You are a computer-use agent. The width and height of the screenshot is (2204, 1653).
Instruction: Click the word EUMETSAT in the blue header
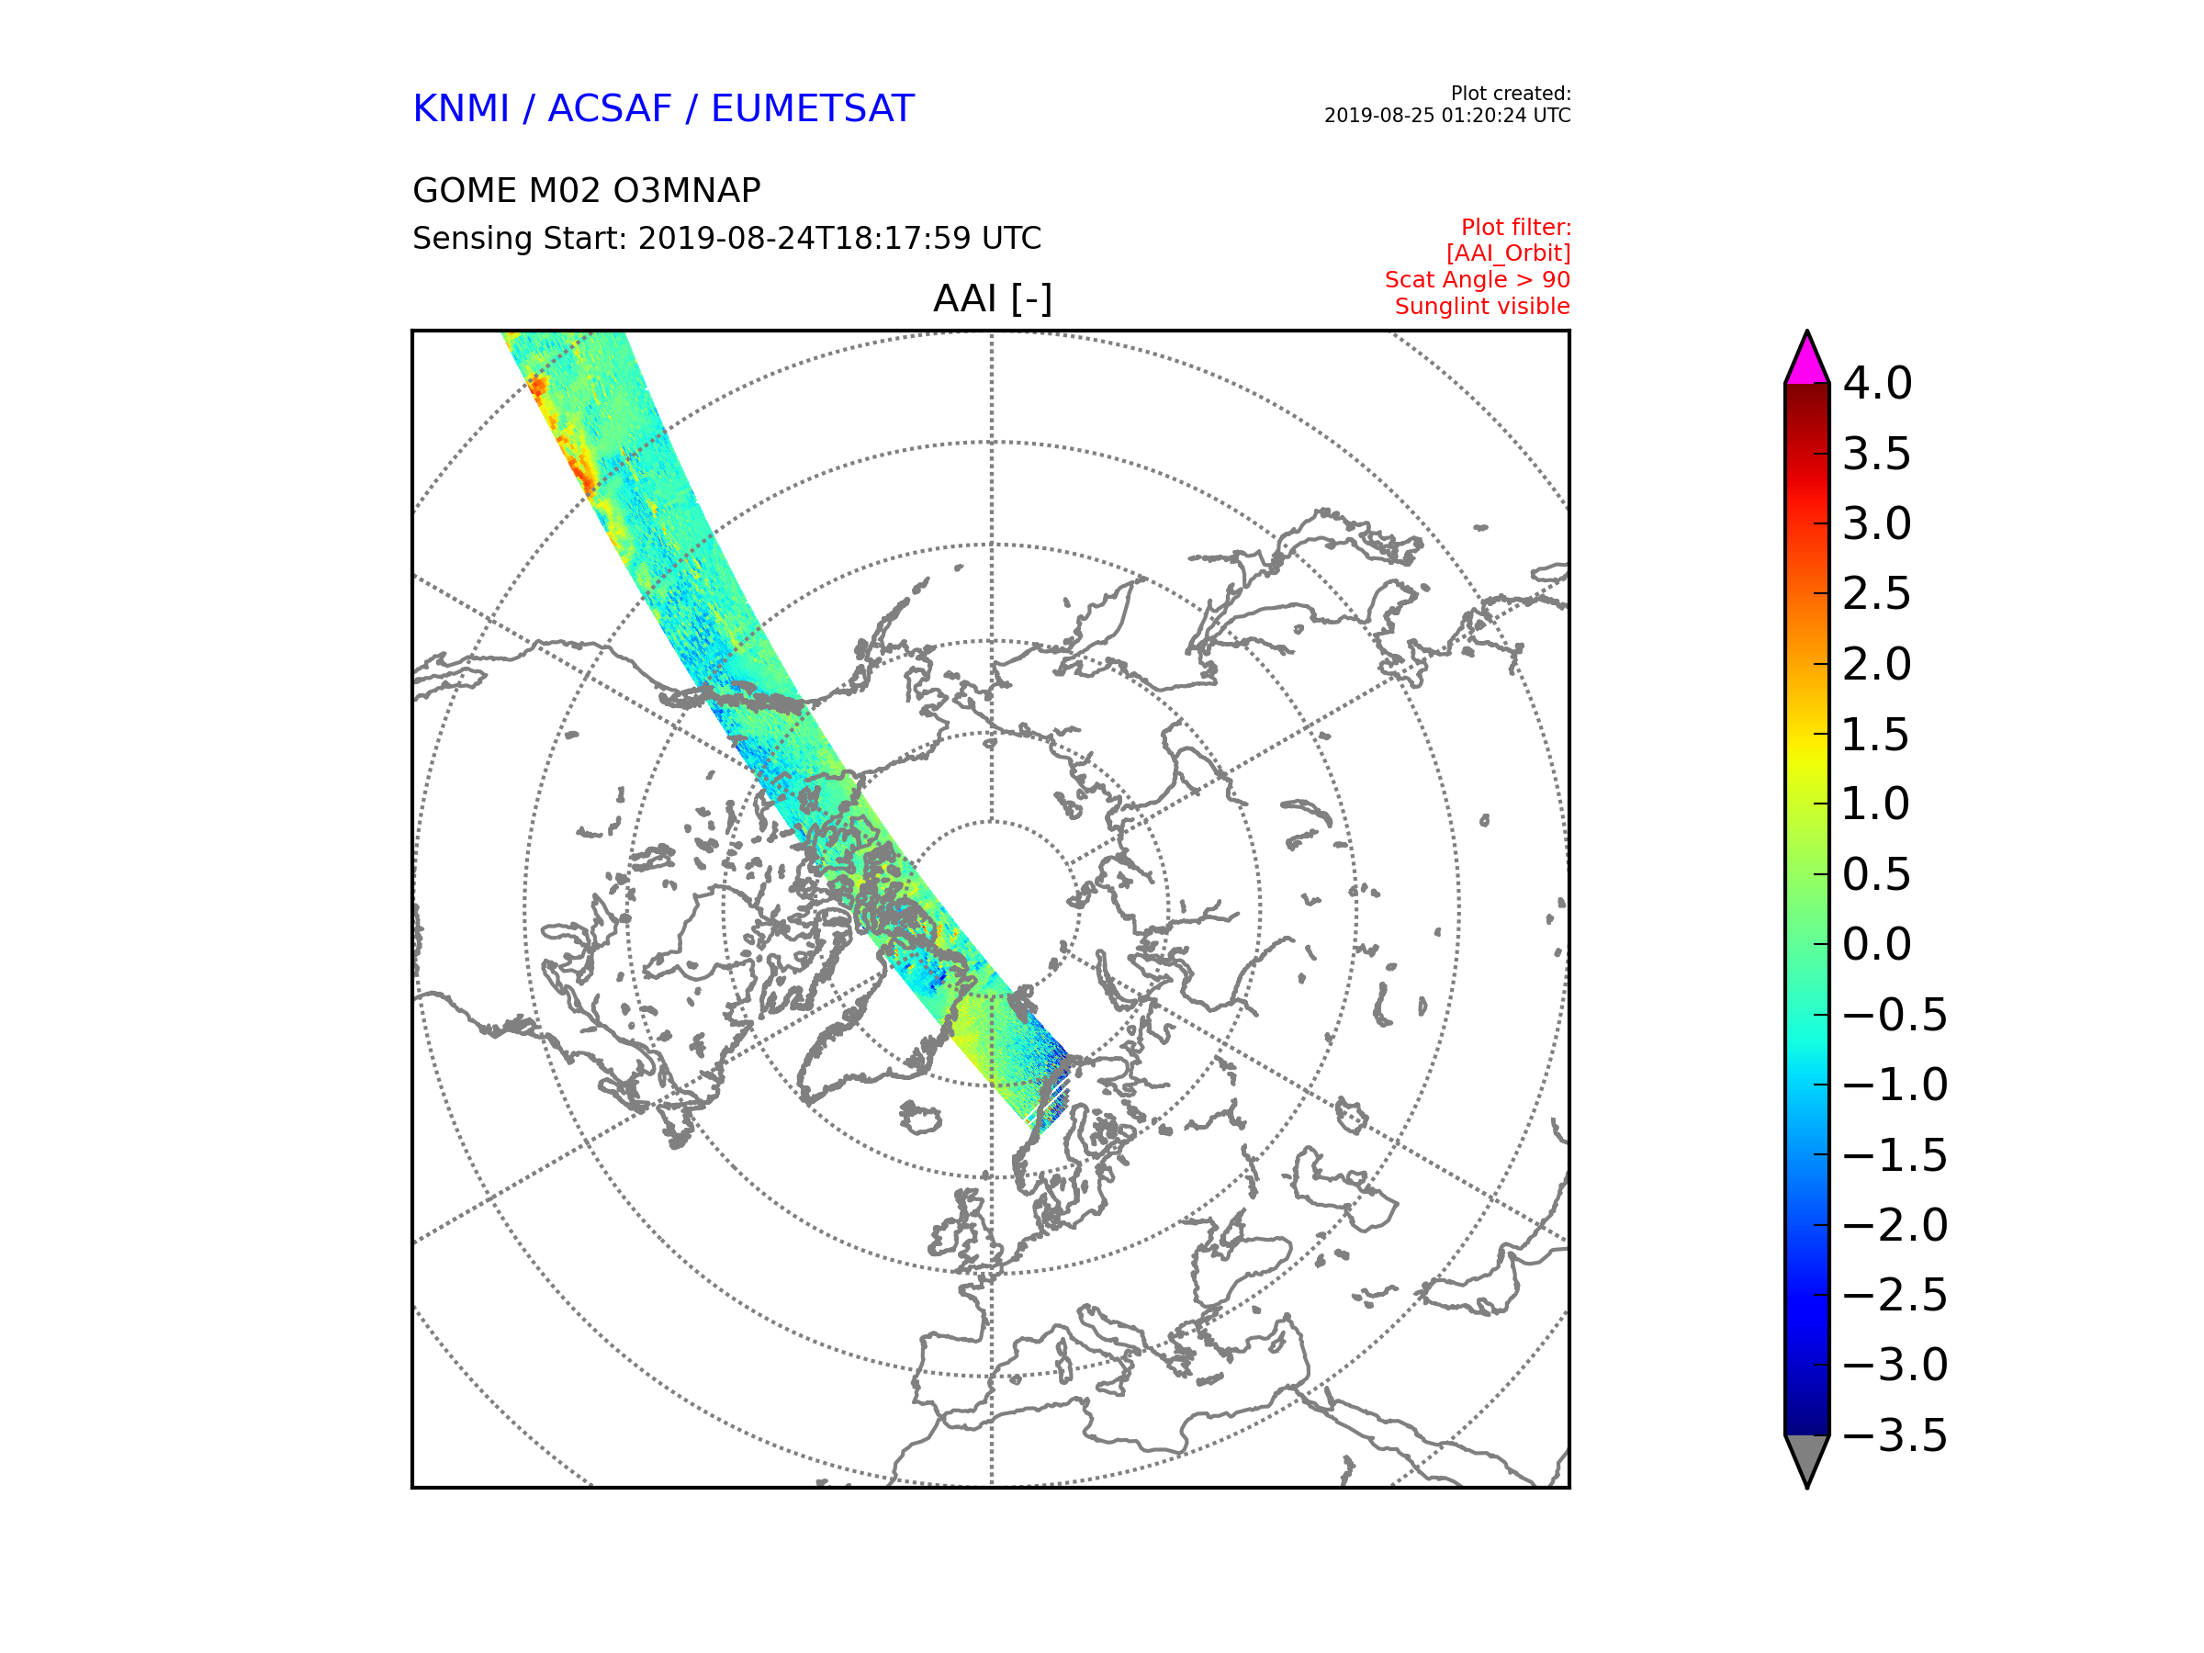(x=812, y=108)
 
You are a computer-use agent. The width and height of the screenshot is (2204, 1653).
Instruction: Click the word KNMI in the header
(x=460, y=108)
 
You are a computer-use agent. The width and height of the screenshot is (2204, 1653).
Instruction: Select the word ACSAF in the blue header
(x=610, y=108)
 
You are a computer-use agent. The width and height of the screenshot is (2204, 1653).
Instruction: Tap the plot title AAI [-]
(x=992, y=298)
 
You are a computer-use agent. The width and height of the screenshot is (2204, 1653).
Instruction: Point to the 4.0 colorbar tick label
(x=1877, y=384)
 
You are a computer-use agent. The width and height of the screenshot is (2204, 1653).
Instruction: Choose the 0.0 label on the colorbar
(x=1877, y=945)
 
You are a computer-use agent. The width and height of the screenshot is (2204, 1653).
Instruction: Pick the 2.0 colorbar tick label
(x=1877, y=665)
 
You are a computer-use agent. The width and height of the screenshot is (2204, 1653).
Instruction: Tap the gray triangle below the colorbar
(x=1807, y=1461)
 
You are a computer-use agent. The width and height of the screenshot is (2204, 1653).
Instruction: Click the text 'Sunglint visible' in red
(x=1481, y=307)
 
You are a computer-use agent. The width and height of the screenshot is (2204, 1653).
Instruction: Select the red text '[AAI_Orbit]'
(x=1508, y=254)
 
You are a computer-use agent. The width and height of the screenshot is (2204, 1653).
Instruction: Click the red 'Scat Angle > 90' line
(x=1477, y=280)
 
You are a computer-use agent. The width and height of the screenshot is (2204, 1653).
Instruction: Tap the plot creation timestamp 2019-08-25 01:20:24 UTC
(x=1446, y=116)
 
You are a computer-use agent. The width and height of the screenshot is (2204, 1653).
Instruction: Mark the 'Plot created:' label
(x=1511, y=94)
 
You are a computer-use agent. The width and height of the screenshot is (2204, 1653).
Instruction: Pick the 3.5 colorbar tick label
(x=1877, y=455)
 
